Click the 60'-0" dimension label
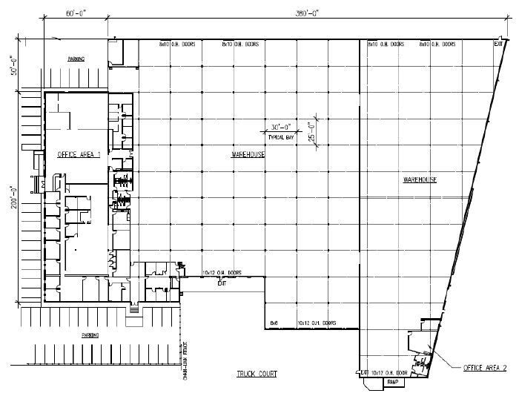(76, 13)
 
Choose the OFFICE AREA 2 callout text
(484, 368)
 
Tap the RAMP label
(391, 382)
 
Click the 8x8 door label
(274, 323)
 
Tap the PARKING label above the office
(76, 59)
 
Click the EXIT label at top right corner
(498, 44)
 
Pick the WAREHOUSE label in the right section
(419, 180)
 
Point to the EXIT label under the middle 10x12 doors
(221, 283)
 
